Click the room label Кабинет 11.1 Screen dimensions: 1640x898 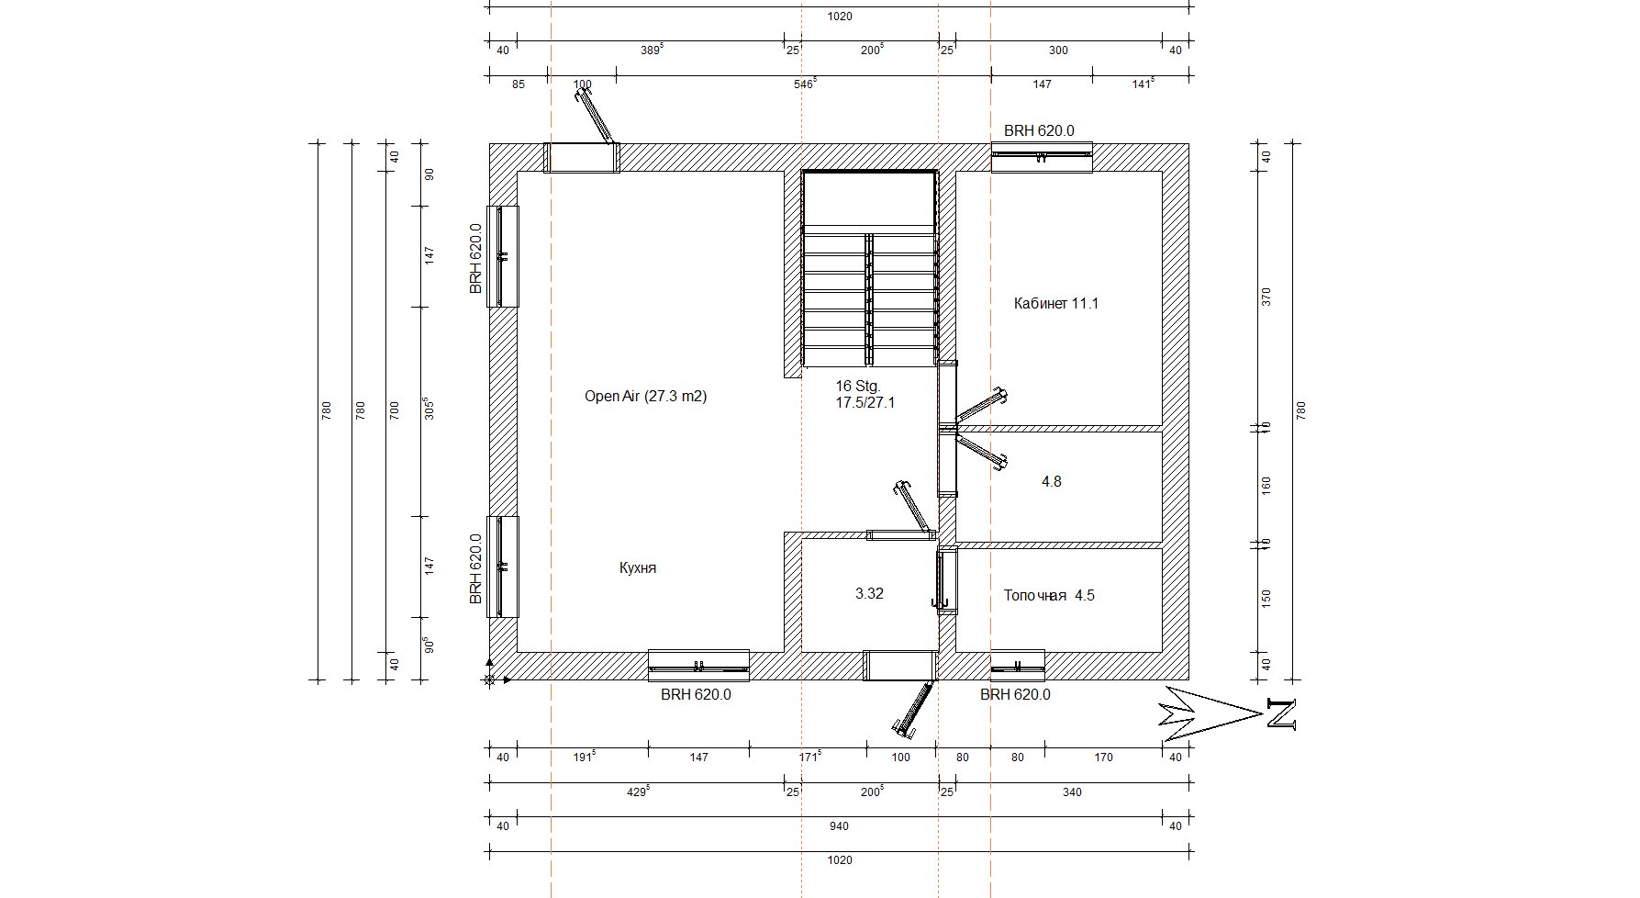click(x=1055, y=303)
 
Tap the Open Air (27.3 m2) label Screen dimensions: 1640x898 click(x=645, y=397)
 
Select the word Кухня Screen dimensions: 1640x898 click(x=638, y=568)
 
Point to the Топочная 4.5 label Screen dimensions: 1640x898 click(x=1049, y=595)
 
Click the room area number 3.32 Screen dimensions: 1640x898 click(x=869, y=594)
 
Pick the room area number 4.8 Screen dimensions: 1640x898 click(x=1052, y=481)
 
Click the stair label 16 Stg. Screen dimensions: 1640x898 click(x=857, y=386)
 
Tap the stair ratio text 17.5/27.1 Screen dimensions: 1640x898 click(x=865, y=402)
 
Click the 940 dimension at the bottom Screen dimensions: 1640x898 click(x=839, y=826)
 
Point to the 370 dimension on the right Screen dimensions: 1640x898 click(x=1266, y=297)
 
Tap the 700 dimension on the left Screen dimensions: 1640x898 click(x=395, y=410)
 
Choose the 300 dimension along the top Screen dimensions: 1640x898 click(x=1058, y=51)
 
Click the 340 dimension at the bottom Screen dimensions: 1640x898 click(x=1071, y=791)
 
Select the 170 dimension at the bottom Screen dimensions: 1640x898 click(x=1103, y=758)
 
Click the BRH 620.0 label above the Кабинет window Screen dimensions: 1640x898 click(x=1039, y=131)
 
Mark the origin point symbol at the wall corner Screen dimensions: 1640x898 click(x=489, y=680)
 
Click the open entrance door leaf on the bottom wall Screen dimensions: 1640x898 click(x=914, y=708)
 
